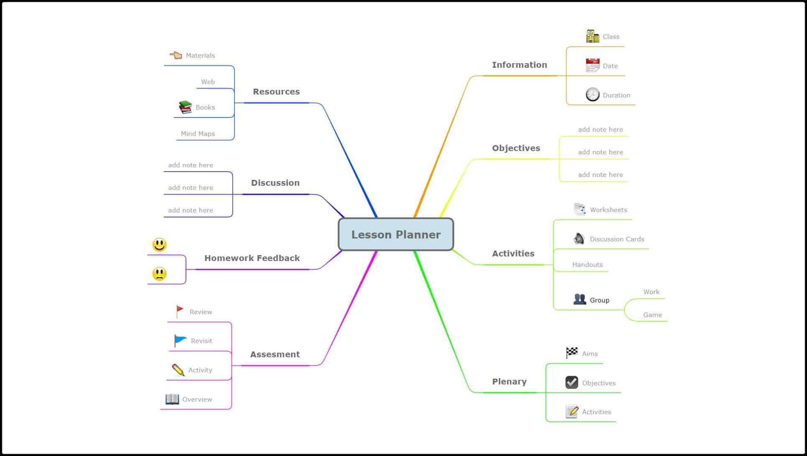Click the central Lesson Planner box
[x=396, y=234]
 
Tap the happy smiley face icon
[x=159, y=245]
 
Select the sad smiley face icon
[x=159, y=274]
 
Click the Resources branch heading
[x=276, y=92]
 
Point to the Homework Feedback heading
[x=252, y=258]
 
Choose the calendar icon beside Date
[x=592, y=65]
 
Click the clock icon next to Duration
[x=592, y=95]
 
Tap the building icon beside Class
[x=592, y=36]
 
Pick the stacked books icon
[x=185, y=107]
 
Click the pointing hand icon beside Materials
[x=176, y=55]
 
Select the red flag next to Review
[x=180, y=311]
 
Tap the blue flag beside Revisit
[x=180, y=341]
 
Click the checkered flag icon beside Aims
[x=572, y=353]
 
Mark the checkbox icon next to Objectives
[x=572, y=382]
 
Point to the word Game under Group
[x=652, y=315]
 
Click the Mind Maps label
[x=198, y=134]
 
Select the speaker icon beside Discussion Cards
[x=579, y=238]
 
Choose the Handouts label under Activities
[x=587, y=265]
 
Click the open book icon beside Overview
[x=172, y=399]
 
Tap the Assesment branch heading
[x=275, y=354]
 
